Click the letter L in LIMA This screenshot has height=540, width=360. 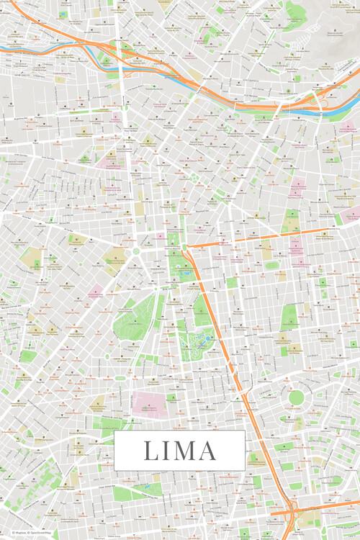click(x=150, y=451)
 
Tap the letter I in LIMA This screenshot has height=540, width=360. click(x=167, y=451)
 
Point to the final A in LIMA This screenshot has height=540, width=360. click(x=207, y=451)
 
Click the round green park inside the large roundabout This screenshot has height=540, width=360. click(x=296, y=397)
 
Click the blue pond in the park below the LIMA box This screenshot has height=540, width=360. click(x=148, y=487)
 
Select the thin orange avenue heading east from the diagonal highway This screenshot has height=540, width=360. click(x=259, y=239)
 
